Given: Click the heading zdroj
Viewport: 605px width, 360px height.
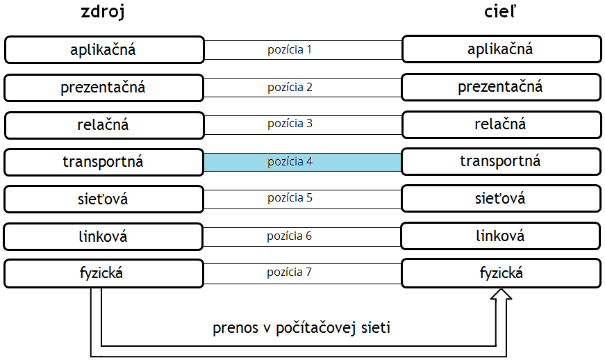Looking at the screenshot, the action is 103,12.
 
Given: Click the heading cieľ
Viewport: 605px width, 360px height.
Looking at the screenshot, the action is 500,11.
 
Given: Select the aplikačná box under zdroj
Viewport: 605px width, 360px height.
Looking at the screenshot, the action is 104,50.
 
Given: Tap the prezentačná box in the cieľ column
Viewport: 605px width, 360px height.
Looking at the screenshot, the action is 502,87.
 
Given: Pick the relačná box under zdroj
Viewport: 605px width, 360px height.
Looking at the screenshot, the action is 104,125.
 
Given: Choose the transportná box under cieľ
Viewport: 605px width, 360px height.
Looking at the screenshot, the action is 501,161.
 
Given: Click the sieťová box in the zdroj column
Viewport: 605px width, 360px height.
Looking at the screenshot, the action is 103,199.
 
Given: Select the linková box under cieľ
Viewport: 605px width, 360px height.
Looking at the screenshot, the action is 500,236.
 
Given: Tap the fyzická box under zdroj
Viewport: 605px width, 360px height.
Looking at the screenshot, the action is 103,273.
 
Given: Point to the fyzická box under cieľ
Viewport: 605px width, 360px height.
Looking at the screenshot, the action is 502,273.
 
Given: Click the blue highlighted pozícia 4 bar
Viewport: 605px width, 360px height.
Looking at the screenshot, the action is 303,162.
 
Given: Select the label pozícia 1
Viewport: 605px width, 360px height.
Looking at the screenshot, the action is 290,50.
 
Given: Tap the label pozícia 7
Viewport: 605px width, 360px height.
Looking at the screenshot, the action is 289,272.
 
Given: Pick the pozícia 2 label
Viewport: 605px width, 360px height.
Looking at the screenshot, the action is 290,88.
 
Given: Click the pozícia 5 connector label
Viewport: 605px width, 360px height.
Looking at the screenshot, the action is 290,198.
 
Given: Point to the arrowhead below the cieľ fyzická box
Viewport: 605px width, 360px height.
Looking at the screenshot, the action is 501,293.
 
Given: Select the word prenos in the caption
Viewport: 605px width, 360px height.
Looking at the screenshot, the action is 235,328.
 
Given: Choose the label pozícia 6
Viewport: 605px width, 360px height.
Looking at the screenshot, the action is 289,236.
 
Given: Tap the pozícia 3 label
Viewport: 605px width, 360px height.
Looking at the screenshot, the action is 290,124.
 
